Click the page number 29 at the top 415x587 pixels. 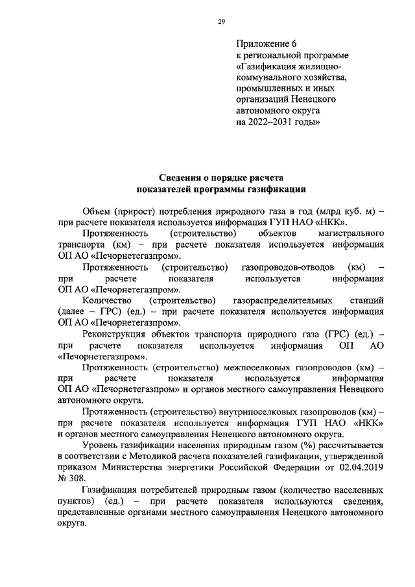tap(220, 21)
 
